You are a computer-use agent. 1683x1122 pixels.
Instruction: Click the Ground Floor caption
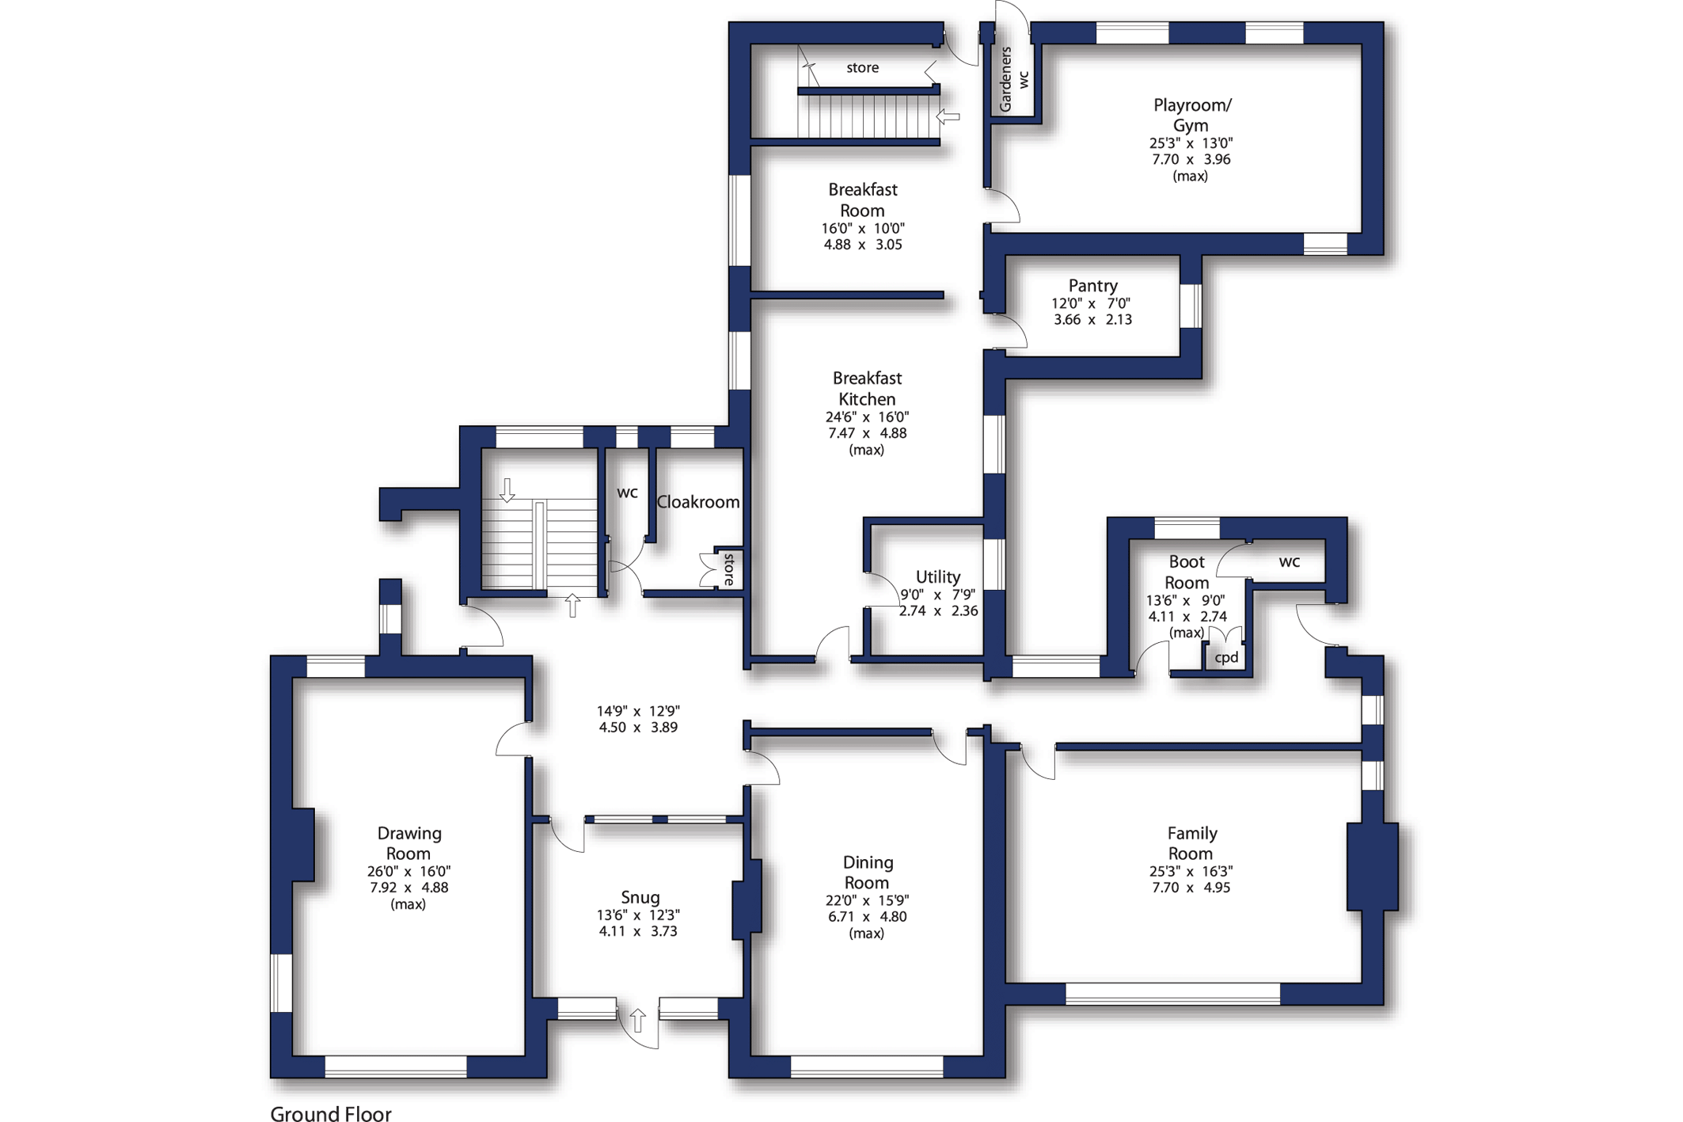(x=331, y=1113)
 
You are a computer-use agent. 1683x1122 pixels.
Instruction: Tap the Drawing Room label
(x=408, y=842)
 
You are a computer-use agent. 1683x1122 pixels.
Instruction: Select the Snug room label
(x=640, y=897)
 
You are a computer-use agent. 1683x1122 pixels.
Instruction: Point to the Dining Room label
(x=867, y=872)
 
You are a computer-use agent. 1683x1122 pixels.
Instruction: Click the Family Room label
(x=1191, y=842)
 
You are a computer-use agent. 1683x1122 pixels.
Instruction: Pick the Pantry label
(x=1092, y=285)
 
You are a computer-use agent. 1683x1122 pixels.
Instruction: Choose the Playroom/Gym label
(x=1191, y=115)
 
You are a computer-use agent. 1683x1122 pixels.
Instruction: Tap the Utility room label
(x=937, y=576)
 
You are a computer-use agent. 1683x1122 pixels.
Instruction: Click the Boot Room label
(x=1187, y=572)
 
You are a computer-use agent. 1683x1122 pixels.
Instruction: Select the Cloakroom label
(x=698, y=502)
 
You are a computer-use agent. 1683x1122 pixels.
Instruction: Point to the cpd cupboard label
(x=1226, y=658)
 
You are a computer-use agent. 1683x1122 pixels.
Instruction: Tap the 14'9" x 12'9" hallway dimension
(x=638, y=711)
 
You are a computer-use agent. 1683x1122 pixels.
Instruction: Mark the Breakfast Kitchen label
(x=867, y=389)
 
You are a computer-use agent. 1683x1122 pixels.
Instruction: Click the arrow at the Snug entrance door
(x=637, y=1019)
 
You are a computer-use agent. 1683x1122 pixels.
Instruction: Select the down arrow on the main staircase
(x=507, y=490)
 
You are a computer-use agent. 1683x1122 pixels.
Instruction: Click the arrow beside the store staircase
(x=948, y=116)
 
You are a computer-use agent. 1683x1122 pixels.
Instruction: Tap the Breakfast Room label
(x=862, y=200)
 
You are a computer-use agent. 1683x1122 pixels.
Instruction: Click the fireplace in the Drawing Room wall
(x=302, y=844)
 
